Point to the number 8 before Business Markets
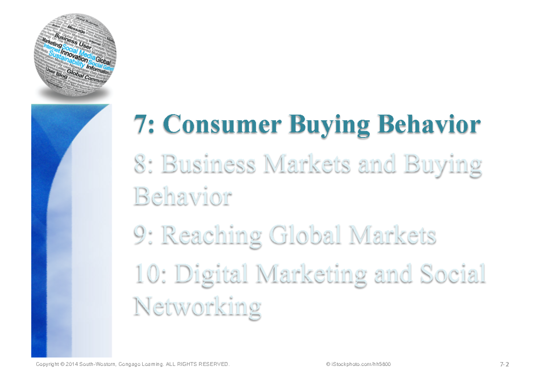[x=140, y=164]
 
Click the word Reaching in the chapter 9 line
[x=212, y=235]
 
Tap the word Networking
[x=197, y=307]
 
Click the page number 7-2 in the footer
[x=504, y=365]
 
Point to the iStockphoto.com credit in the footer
[x=358, y=365]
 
